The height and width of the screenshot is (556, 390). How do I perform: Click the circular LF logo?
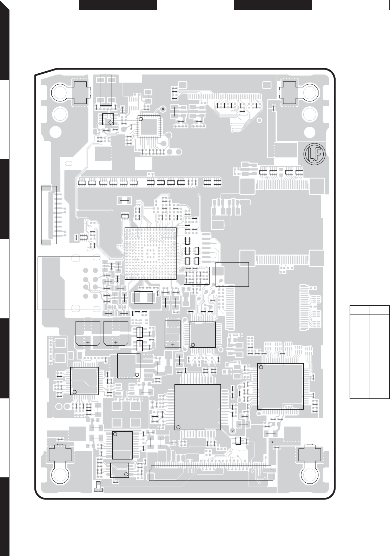click(x=314, y=154)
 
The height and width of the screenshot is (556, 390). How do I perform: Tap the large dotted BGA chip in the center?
click(x=151, y=253)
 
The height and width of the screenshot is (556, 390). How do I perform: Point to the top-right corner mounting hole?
click(x=310, y=92)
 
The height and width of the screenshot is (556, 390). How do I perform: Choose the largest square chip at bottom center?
click(x=198, y=407)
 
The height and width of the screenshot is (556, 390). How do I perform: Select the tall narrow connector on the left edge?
click(x=49, y=215)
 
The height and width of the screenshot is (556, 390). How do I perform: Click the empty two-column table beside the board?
click(x=370, y=352)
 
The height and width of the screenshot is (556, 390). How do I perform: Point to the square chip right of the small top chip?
click(x=149, y=127)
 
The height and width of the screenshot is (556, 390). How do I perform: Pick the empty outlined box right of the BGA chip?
click(x=232, y=274)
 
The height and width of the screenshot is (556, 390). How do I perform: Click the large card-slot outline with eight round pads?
click(x=69, y=283)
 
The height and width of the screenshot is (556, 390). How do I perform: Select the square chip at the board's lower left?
click(x=84, y=381)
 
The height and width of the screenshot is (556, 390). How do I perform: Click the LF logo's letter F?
click(x=319, y=154)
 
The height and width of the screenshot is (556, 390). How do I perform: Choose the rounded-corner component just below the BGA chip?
click(x=144, y=297)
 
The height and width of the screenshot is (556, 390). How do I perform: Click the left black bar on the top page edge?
click(x=118, y=5)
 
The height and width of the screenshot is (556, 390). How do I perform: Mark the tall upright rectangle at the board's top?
click(x=106, y=91)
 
